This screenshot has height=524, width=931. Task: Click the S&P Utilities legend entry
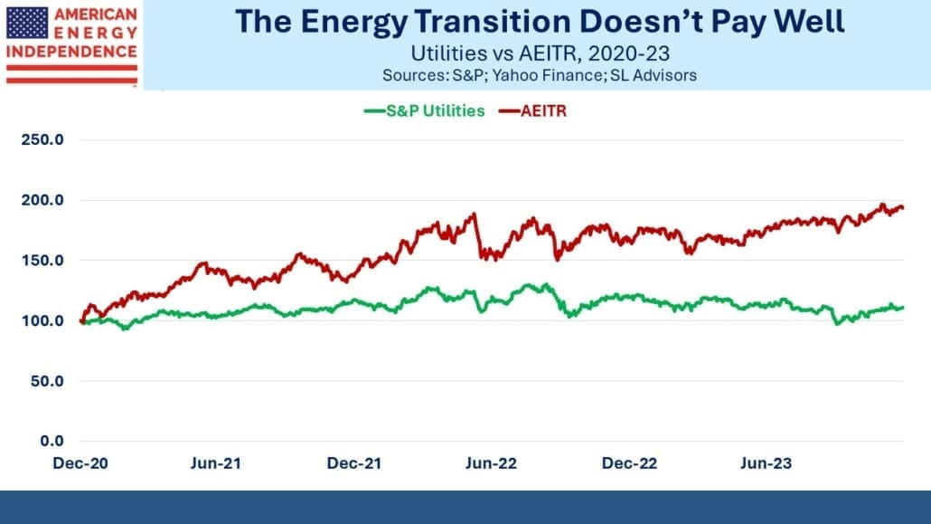click(x=425, y=111)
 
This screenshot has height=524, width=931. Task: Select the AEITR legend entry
click(x=532, y=111)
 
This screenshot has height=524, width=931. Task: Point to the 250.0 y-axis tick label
click(x=42, y=139)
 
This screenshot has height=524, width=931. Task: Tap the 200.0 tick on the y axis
click(x=42, y=200)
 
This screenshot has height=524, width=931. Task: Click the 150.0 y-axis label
click(x=42, y=261)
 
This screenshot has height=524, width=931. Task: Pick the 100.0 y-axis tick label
click(x=42, y=320)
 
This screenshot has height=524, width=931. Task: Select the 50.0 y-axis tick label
click(x=47, y=381)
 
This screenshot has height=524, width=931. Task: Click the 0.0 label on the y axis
click(x=52, y=441)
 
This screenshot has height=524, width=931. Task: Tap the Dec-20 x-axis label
click(x=80, y=463)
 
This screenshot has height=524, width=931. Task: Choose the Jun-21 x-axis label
click(x=216, y=463)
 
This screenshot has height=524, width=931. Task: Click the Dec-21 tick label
click(x=354, y=463)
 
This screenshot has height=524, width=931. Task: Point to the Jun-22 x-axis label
click(x=491, y=463)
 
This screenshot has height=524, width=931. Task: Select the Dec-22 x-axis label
click(x=629, y=463)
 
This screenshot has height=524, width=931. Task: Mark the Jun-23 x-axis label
click(x=766, y=463)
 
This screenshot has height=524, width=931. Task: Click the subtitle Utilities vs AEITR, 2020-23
click(x=541, y=53)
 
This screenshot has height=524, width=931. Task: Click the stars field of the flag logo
click(x=27, y=24)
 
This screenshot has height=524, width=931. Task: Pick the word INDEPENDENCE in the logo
click(x=71, y=52)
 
